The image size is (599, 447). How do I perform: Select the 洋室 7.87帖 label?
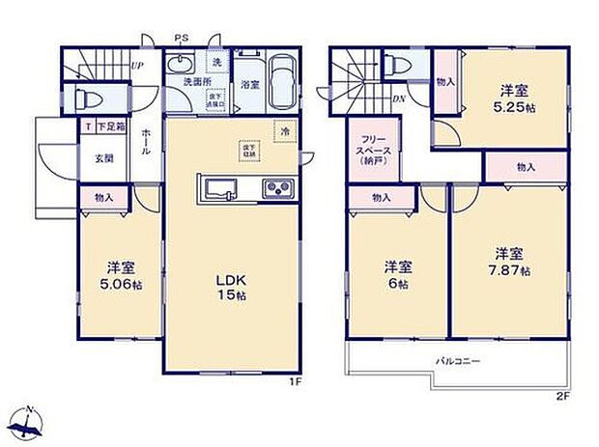click(509, 261)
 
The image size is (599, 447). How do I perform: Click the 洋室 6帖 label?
click(396, 275)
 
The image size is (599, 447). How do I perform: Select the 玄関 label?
click(103, 159)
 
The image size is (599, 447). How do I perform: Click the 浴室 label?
click(248, 85)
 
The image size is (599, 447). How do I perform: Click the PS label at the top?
click(181, 39)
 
